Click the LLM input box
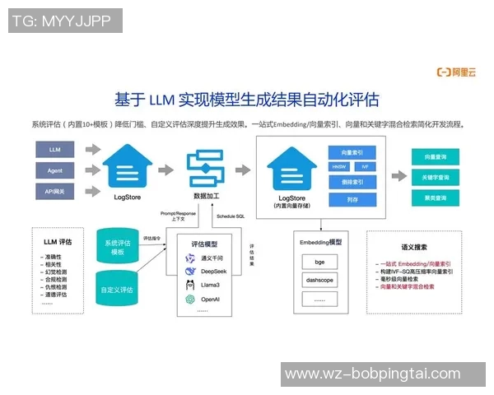click(x=55, y=150)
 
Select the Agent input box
click(x=55, y=170)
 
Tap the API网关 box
click(x=55, y=191)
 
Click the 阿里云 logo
click(x=457, y=72)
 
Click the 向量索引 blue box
click(x=352, y=151)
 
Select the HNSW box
click(x=339, y=166)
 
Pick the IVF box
click(x=365, y=166)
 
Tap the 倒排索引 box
click(x=352, y=182)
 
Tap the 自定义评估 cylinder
click(x=122, y=290)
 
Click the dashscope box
click(x=319, y=280)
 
